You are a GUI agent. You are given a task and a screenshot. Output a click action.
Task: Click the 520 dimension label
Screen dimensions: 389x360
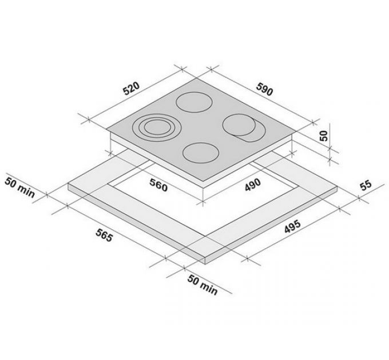132,89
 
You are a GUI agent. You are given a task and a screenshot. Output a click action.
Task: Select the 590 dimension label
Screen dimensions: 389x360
264,90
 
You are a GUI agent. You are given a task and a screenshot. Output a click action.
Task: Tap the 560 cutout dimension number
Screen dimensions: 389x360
158,185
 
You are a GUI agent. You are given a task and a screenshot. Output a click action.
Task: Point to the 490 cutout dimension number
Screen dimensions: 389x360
253,185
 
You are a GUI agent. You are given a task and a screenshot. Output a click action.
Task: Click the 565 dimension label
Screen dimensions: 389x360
105,235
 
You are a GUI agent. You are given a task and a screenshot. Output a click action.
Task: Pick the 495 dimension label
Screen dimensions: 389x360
292,226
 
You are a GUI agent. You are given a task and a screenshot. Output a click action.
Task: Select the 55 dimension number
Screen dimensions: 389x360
366,185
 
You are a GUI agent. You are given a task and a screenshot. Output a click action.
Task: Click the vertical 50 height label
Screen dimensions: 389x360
324,136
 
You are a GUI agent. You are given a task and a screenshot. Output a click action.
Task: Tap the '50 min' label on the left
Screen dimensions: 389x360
20,187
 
